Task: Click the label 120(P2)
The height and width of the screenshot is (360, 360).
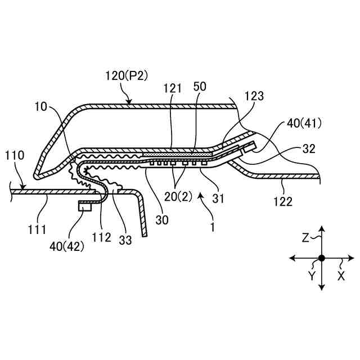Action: pos(127,75)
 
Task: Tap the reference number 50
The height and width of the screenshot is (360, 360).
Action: pos(199,87)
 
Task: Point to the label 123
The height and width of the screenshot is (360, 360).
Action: pos(254,96)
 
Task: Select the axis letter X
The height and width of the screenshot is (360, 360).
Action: pos(340,277)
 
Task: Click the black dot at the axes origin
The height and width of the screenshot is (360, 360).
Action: pos(321,258)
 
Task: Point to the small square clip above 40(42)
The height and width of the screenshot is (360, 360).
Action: pos(85,206)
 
